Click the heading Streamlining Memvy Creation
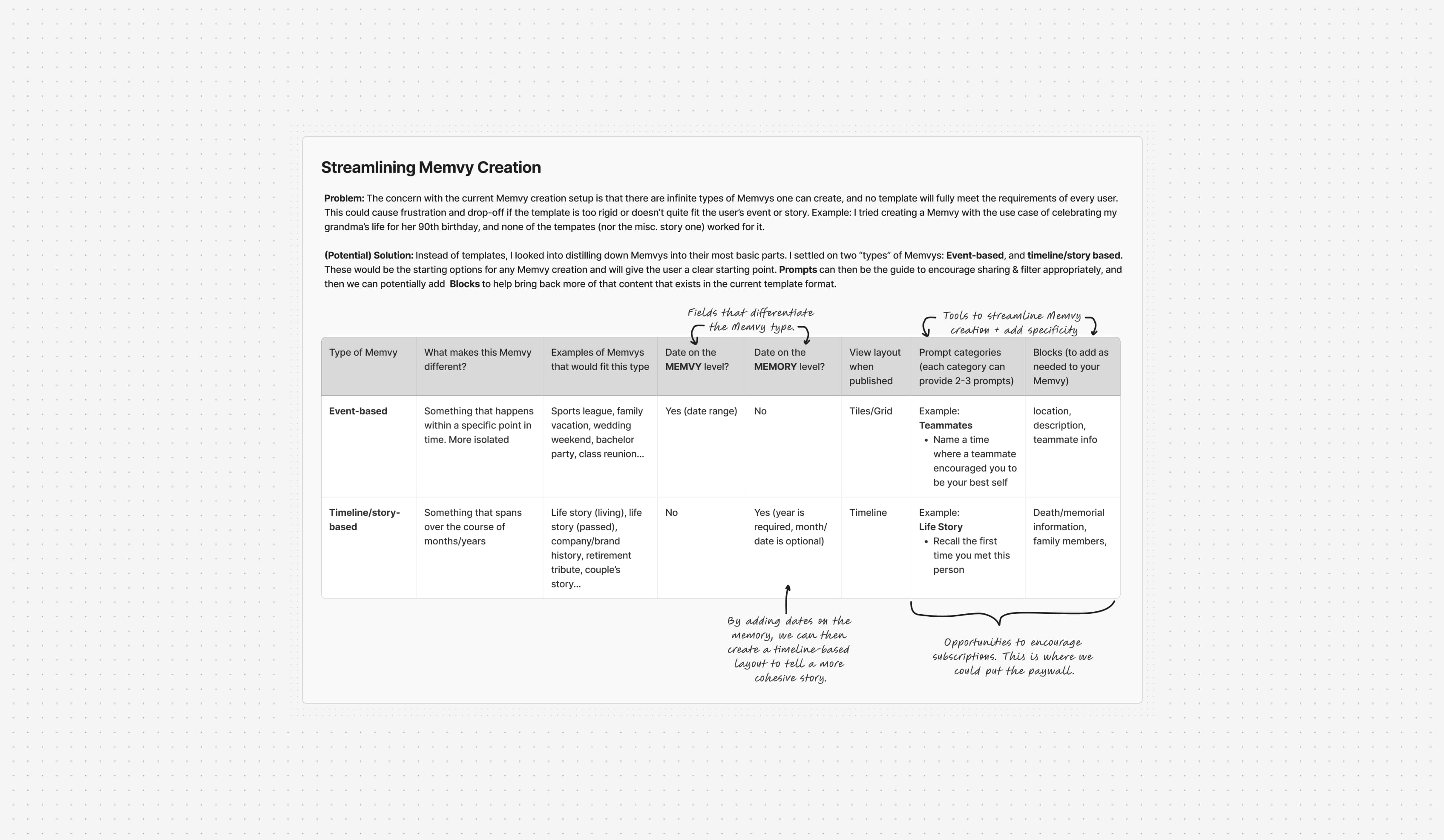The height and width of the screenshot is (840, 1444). click(430, 167)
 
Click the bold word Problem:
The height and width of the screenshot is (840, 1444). click(344, 198)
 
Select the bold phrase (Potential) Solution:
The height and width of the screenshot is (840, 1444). click(368, 256)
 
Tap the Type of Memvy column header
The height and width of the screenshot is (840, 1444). click(363, 352)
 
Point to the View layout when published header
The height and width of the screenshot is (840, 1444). click(874, 367)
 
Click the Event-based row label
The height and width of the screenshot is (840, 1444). click(357, 411)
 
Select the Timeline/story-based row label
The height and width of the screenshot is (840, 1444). click(364, 520)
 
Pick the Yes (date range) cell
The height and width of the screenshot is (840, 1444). click(701, 411)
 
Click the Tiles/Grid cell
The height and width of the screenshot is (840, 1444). click(870, 411)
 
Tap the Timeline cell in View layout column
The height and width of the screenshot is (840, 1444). click(868, 512)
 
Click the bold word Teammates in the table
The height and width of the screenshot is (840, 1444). click(945, 425)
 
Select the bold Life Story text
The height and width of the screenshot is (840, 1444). click(941, 526)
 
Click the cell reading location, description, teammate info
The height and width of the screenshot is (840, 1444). click(1064, 425)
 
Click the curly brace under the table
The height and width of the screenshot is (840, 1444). click(1012, 614)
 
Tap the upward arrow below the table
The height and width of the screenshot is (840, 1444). click(787, 599)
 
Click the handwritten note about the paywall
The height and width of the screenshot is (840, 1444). click(1013, 657)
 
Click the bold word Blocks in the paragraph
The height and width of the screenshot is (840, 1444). click(464, 284)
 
